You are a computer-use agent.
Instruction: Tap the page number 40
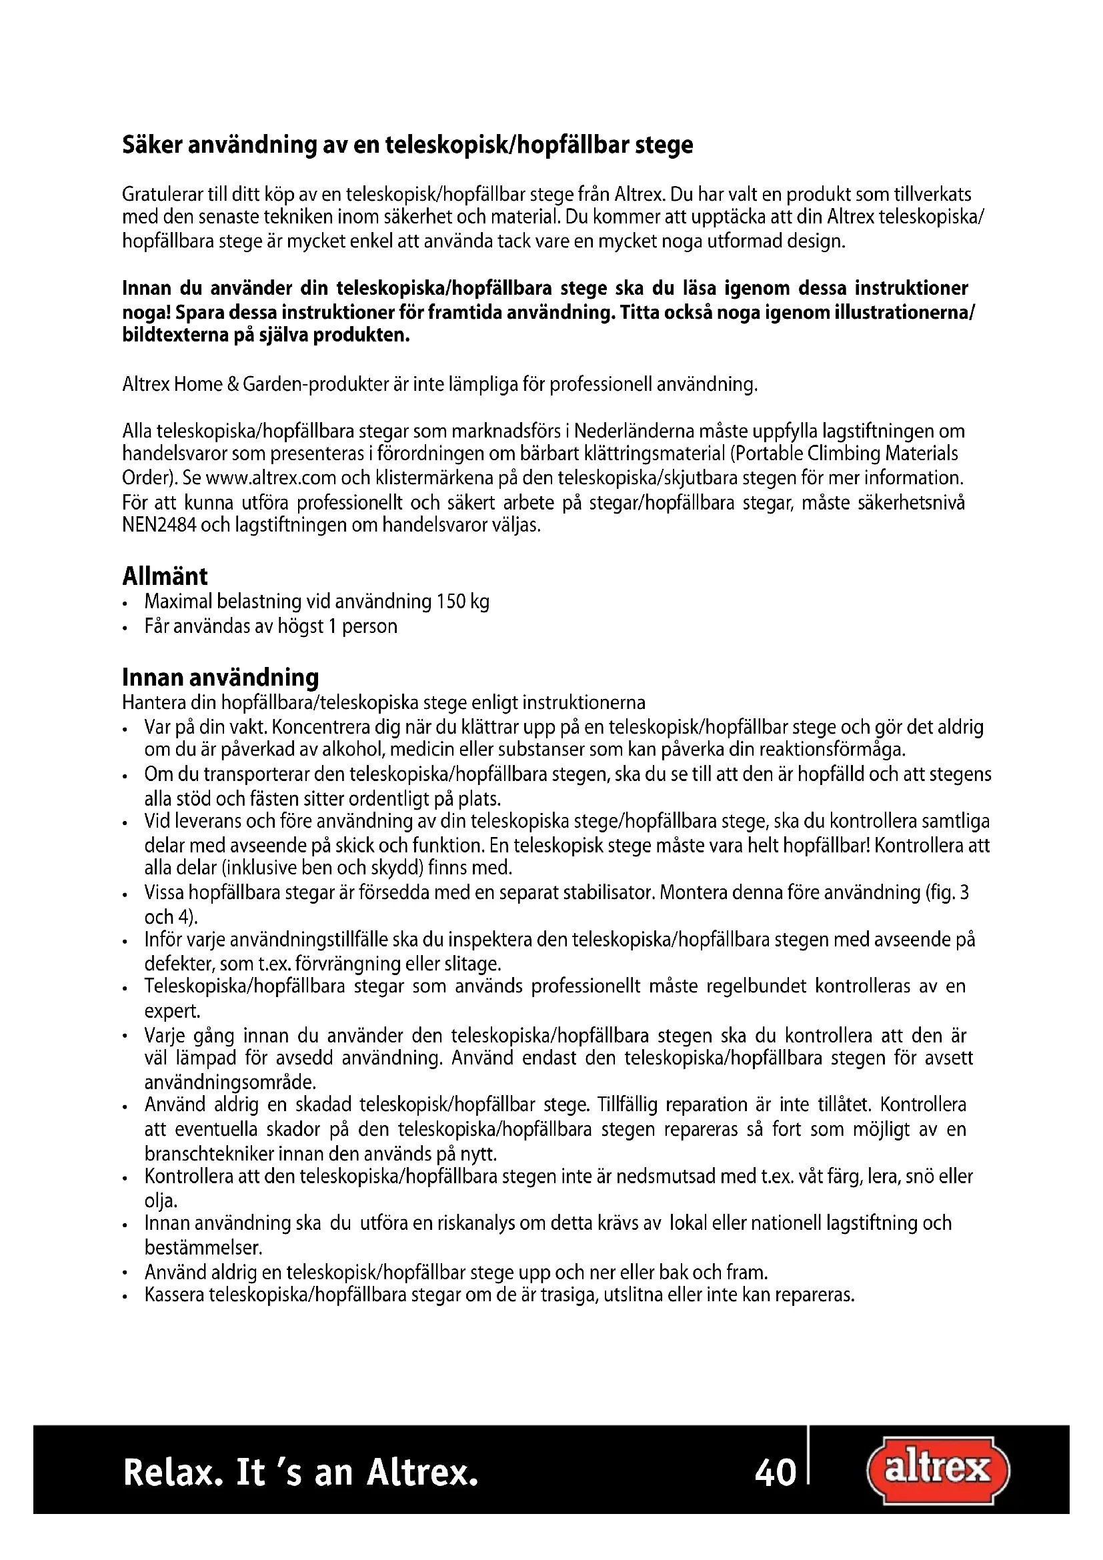click(x=775, y=1473)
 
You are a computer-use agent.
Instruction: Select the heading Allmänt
click(x=165, y=576)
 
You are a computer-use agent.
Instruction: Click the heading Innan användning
click(x=220, y=678)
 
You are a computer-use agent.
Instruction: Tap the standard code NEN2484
click(x=159, y=526)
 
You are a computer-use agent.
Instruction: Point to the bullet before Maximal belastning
click(x=125, y=604)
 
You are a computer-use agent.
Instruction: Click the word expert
click(x=172, y=1011)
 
